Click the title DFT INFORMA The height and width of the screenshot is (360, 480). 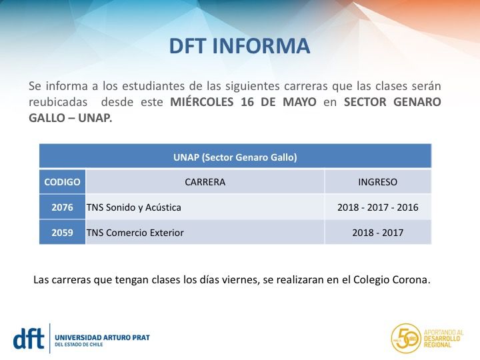pos(239,46)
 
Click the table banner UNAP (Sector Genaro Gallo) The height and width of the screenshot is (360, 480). pos(235,157)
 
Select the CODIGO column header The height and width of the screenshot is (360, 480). pos(62,182)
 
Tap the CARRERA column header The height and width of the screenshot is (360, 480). pos(205,182)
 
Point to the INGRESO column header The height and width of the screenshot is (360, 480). pos(377,182)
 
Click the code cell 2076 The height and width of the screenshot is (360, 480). pos(62,207)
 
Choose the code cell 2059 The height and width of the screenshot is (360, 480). pos(62,233)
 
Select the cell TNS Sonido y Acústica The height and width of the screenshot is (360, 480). pos(134,207)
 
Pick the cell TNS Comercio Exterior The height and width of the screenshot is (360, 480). pos(135,233)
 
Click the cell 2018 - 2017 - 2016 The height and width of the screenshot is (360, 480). pos(377,207)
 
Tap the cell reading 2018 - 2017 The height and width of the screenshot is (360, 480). pos(377,233)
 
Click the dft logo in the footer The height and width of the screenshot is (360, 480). pos(29,337)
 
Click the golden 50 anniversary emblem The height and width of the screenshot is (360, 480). pos(405,338)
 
